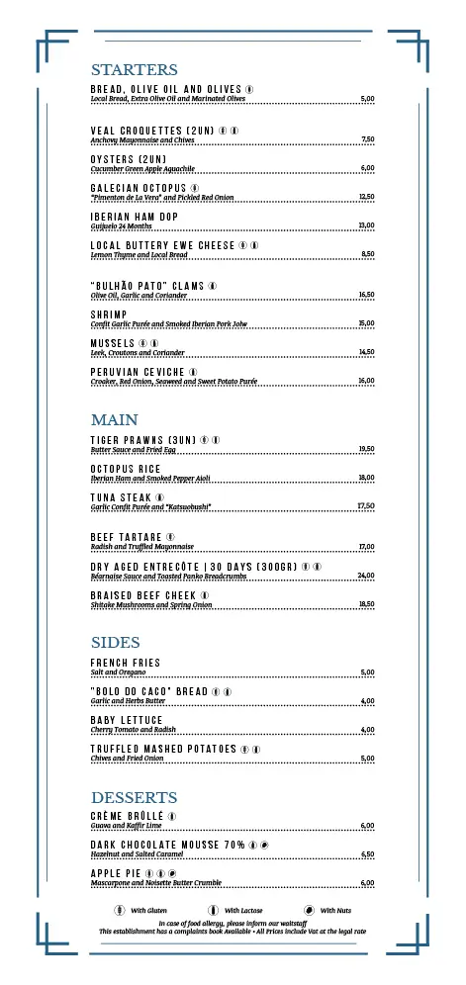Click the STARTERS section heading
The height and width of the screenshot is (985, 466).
point(134,70)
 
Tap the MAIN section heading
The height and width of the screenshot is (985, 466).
point(114,420)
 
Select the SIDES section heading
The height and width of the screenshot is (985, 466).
point(115,643)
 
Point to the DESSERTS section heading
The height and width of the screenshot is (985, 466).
point(134,797)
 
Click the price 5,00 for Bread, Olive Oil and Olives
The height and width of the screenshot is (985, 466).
point(367,99)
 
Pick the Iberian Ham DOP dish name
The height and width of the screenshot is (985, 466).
point(134,217)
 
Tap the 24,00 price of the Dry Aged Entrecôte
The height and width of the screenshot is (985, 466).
point(366,576)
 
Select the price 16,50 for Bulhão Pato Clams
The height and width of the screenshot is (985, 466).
point(366,295)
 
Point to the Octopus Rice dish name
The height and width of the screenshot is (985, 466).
point(125,469)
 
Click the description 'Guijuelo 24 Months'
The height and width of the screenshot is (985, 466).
point(121,226)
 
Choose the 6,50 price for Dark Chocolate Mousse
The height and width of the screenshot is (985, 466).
point(367,854)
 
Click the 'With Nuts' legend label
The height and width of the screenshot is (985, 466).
point(336,910)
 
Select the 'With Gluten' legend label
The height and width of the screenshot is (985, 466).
point(148,910)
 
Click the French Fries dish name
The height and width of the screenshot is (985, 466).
point(125,663)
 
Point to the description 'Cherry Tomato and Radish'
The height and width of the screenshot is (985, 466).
point(133,730)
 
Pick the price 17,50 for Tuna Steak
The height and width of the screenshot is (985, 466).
point(366,506)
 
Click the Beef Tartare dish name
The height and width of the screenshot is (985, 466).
point(126,537)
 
